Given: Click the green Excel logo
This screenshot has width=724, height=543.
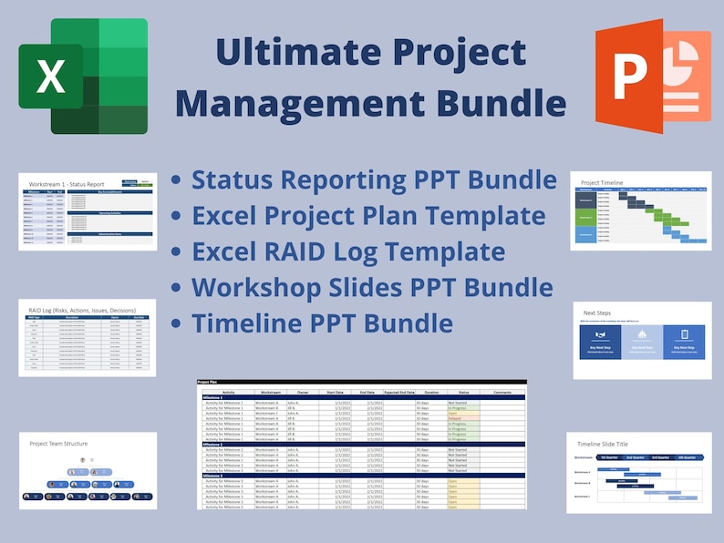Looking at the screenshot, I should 83,76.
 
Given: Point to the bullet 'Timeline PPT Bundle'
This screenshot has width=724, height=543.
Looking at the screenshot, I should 322,323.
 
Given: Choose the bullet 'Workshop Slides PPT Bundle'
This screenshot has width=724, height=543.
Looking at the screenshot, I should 372,287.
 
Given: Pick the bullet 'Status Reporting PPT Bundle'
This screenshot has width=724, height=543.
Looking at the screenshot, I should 374,179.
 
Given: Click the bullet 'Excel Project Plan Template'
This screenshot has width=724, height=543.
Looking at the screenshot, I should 368,215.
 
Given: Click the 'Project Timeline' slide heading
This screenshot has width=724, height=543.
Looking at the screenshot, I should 603,182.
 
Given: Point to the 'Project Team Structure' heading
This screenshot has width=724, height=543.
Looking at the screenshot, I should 58,444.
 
